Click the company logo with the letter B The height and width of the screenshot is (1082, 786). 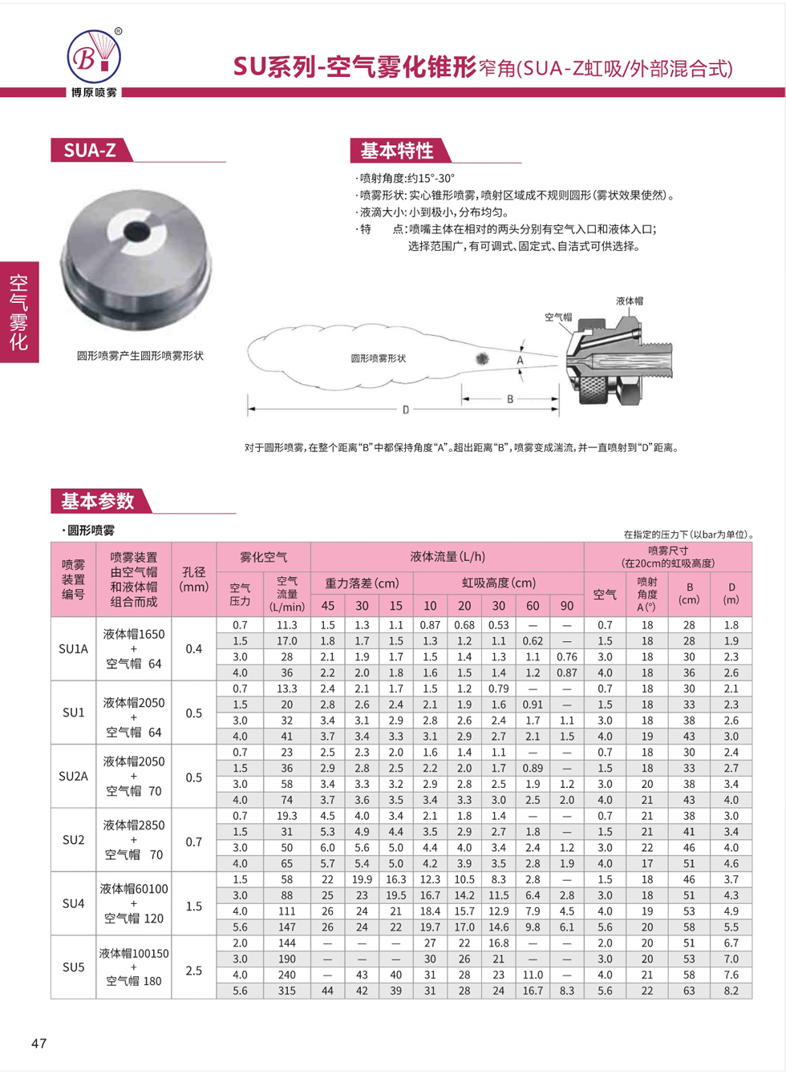coord(94,56)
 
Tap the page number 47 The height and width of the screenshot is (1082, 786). coord(39,1043)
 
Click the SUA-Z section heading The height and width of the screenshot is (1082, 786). coord(90,150)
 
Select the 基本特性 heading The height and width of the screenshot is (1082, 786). coord(397,150)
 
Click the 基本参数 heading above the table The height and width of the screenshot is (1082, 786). coord(98,501)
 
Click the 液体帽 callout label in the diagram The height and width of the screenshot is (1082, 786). coord(630,301)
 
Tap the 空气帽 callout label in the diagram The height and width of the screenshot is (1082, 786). coord(558,317)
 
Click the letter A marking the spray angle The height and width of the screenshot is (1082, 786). coord(520,361)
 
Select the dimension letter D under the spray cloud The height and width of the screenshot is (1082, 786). coord(406,410)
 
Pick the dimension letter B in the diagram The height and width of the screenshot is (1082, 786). coord(510,399)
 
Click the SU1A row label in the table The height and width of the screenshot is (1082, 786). coord(73,648)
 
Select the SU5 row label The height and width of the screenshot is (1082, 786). coord(73,967)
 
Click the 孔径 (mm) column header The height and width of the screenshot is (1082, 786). coord(194,579)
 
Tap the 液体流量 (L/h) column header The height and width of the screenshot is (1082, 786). coord(447,556)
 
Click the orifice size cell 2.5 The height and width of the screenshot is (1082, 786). coord(194,971)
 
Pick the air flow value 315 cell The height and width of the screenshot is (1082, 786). coord(287,991)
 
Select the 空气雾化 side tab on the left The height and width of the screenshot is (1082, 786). coord(18,312)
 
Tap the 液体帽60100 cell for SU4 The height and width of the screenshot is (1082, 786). coord(133,888)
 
